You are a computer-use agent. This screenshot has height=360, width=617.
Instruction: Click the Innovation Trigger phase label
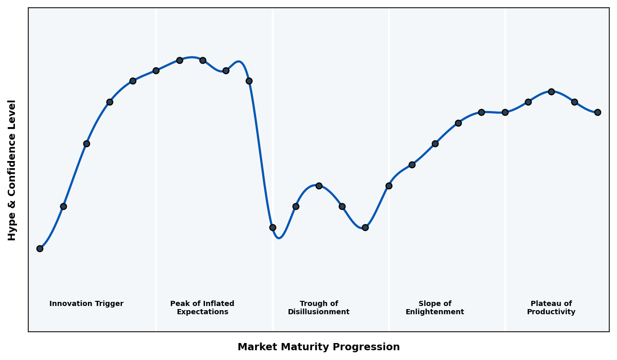86,304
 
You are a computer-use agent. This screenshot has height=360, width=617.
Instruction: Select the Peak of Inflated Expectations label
202,308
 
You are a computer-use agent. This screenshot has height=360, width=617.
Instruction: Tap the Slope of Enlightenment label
434,308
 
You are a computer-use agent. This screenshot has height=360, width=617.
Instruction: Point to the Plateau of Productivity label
551,308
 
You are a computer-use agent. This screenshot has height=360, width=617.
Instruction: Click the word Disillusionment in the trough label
318,312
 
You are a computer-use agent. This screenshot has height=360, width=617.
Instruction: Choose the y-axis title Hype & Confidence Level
12,170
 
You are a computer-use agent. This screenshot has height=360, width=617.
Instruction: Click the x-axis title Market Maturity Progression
318,347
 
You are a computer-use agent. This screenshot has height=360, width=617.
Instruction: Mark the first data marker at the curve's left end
40,248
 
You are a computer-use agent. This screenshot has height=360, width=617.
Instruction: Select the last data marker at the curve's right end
597,112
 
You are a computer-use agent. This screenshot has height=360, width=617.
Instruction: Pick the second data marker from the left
63,206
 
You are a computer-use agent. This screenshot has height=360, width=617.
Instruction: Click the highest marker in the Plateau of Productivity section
551,92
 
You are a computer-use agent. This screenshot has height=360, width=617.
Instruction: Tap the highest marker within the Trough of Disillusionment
319,186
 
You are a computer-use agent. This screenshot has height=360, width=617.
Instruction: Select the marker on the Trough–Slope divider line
389,186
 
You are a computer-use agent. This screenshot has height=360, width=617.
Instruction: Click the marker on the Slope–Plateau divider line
505,112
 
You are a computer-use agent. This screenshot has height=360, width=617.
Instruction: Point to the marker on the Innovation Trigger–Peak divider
156,70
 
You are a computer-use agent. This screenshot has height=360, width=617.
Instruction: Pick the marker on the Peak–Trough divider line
273,227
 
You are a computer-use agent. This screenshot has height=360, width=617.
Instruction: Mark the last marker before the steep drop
249,81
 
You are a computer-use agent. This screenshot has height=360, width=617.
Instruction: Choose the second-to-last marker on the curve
574,102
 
